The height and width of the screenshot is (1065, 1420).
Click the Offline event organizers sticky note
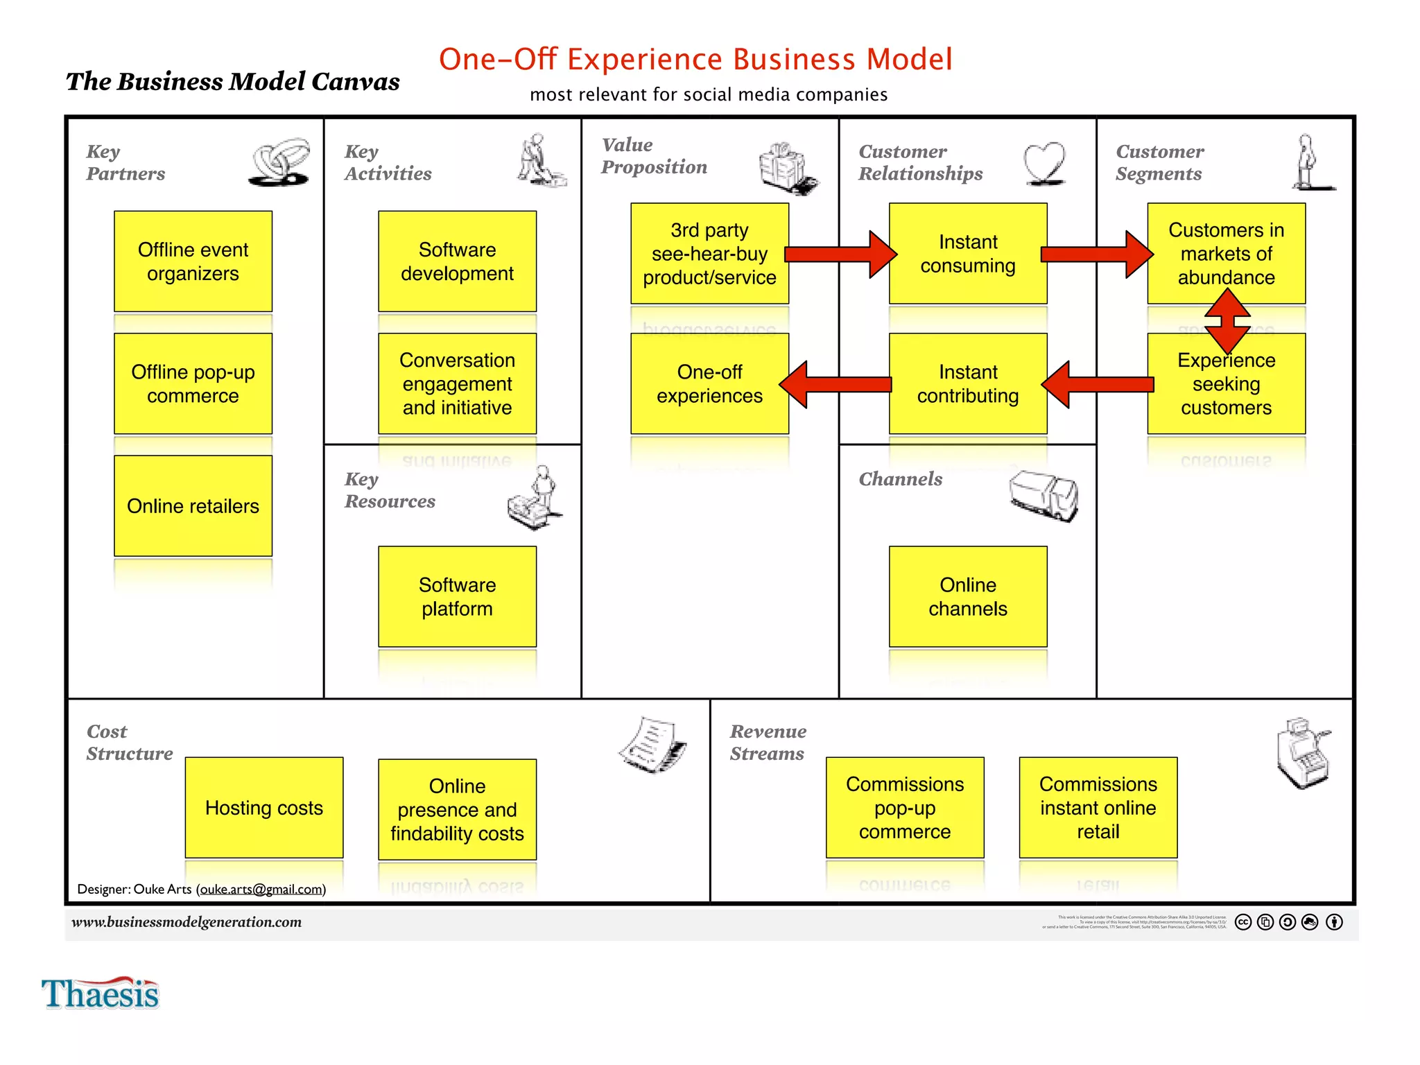pyautogui.click(x=193, y=261)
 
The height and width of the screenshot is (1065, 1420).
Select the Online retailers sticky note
pyautogui.click(x=193, y=505)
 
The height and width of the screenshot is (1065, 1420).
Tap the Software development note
pyautogui.click(x=457, y=261)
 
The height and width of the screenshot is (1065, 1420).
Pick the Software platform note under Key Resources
pyautogui.click(x=457, y=596)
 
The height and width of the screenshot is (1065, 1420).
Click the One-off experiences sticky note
pyautogui.click(x=709, y=383)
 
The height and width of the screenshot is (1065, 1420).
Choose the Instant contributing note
pyautogui.click(x=968, y=383)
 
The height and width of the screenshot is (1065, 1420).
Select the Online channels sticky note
pyautogui.click(x=968, y=596)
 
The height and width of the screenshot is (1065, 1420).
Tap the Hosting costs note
pyautogui.click(x=263, y=807)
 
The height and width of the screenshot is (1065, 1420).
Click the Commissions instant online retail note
pyautogui.click(x=1098, y=807)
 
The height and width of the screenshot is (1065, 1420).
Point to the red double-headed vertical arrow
pyautogui.click(x=1227, y=320)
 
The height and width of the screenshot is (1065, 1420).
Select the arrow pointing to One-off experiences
pyautogui.click(x=835, y=384)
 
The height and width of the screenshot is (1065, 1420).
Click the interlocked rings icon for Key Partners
pyautogui.click(x=279, y=162)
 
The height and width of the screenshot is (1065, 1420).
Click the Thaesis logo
pyautogui.click(x=101, y=993)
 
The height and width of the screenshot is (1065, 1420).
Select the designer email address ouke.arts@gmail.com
pyautogui.click(x=262, y=889)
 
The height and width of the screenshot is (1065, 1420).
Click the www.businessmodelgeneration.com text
pyautogui.click(x=187, y=921)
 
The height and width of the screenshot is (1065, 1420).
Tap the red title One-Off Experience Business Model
pyautogui.click(x=695, y=60)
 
